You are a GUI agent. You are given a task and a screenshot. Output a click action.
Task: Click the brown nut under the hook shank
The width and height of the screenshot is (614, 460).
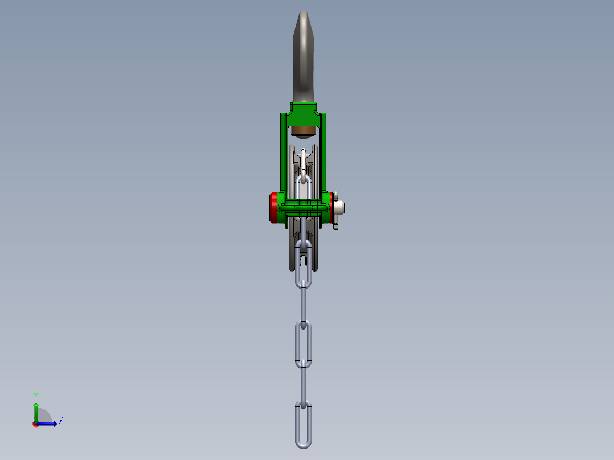coord(303,132)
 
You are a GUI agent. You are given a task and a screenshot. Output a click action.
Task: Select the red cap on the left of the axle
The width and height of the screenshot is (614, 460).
coord(273,208)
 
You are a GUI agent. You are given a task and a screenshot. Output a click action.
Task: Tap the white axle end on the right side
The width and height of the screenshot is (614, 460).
coord(340,207)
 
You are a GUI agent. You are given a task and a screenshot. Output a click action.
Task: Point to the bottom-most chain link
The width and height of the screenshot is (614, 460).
coord(303,424)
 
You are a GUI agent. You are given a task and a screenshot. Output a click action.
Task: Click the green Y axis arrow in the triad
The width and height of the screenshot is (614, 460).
coord(36,410)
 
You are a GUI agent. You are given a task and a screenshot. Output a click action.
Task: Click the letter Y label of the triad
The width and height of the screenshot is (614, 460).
coord(35,395)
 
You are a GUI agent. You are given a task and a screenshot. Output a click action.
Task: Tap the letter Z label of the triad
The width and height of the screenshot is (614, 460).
coord(60,421)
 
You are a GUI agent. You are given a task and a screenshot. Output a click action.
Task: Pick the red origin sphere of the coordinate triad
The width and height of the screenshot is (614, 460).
coord(36,424)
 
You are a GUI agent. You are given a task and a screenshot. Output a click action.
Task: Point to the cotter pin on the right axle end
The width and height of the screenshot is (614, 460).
coord(336,223)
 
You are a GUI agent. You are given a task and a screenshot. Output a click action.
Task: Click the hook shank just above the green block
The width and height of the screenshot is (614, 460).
coord(303,91)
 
